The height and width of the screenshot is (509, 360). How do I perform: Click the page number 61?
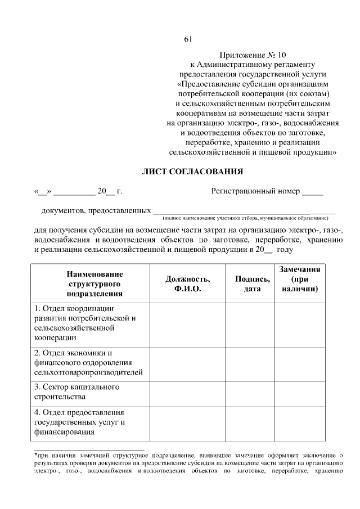(188, 39)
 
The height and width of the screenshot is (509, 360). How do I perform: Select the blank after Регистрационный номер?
(313, 191)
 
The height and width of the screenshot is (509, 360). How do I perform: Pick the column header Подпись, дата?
(249, 283)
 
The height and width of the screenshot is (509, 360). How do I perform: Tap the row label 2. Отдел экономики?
(88, 362)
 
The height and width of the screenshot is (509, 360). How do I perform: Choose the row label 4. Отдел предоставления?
(79, 422)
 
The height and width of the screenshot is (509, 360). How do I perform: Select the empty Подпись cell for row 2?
(249, 362)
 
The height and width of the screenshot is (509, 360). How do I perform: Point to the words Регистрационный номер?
(255, 191)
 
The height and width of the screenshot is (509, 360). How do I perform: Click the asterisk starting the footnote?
(35, 454)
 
